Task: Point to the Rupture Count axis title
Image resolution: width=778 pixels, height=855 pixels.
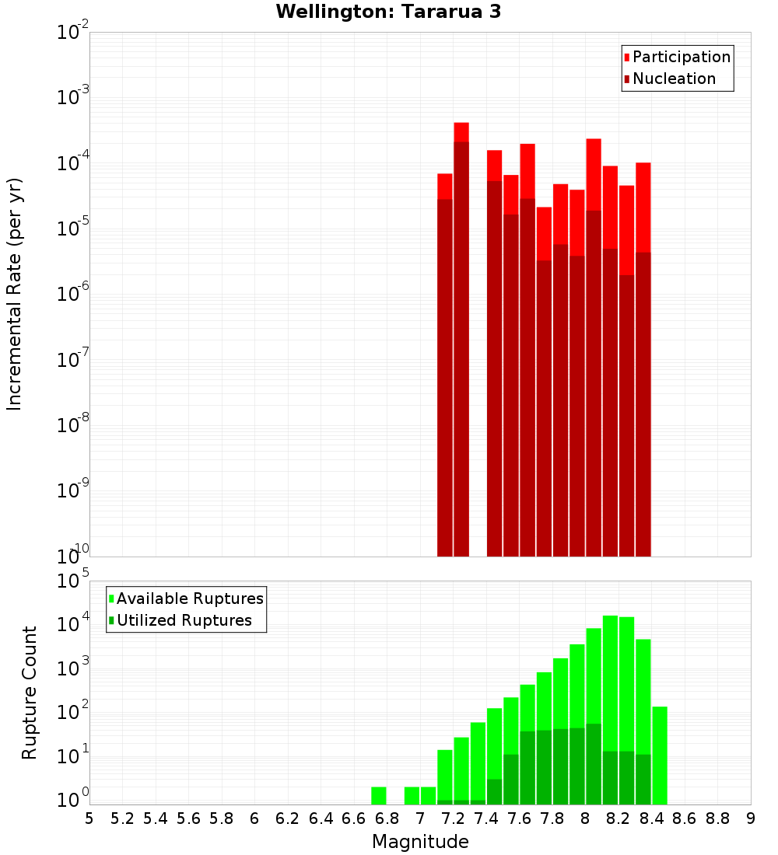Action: [x=30, y=693]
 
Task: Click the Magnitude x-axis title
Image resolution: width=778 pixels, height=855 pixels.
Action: [x=420, y=842]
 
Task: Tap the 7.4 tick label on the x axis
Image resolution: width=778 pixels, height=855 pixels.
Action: [x=486, y=818]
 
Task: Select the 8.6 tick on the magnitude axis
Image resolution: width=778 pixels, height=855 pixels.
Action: [x=685, y=818]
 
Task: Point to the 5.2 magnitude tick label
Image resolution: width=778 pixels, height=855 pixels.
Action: [x=122, y=818]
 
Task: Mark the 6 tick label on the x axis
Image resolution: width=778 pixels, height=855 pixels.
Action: [x=254, y=818]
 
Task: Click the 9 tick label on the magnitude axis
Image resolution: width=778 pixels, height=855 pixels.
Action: [x=751, y=818]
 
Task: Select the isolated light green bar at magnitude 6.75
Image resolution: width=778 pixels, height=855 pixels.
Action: [x=379, y=796]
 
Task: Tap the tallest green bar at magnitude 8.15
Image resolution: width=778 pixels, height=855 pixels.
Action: [x=610, y=684]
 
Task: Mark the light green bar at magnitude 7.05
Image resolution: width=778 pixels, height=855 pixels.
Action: [x=429, y=796]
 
